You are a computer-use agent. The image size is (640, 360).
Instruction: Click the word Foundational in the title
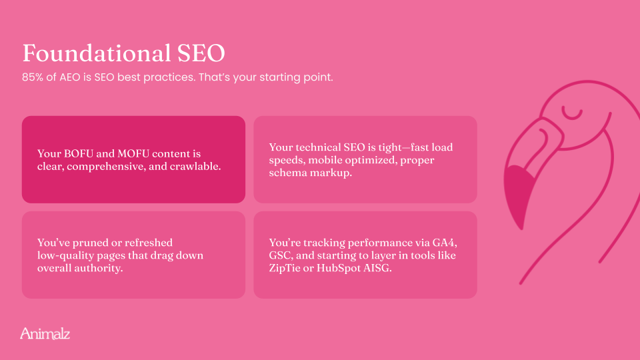pos(96,53)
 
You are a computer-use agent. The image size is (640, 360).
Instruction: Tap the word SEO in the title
pos(201,53)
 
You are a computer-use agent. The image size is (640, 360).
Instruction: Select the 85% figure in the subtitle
pos(33,77)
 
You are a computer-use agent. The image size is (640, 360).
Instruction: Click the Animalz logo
pos(45,333)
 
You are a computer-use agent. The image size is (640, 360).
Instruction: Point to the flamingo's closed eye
pos(571,113)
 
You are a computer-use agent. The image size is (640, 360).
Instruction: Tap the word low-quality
pos(59,255)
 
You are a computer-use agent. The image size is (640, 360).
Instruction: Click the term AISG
pos(379,268)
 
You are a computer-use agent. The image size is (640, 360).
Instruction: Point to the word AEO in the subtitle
pos(70,77)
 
